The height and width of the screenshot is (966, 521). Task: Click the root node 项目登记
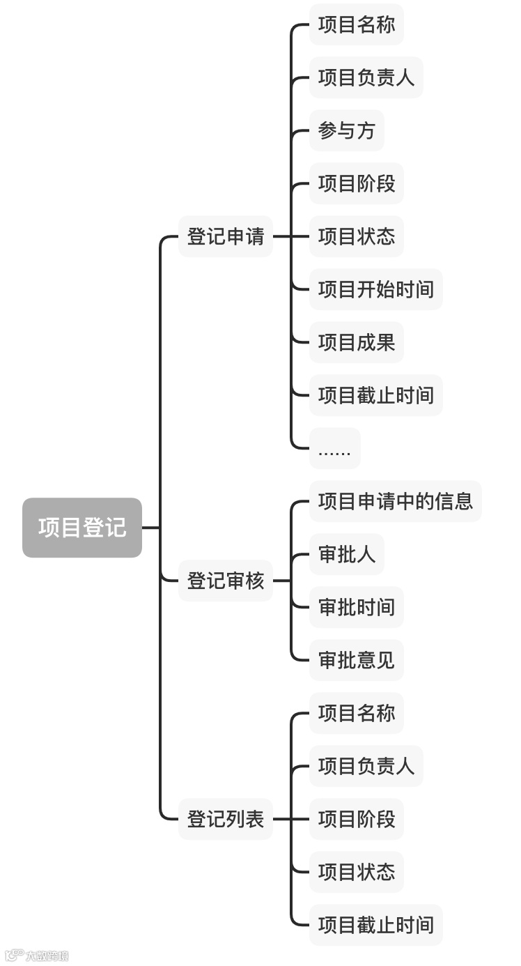click(82, 528)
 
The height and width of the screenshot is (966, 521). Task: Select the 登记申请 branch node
click(226, 236)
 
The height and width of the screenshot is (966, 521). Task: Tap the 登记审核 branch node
click(226, 581)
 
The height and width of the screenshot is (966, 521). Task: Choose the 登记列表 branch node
click(226, 819)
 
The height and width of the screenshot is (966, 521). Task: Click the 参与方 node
click(347, 130)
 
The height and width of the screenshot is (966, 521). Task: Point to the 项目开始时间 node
click(376, 289)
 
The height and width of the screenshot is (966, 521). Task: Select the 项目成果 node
click(357, 342)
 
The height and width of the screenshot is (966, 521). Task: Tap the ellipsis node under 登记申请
click(335, 448)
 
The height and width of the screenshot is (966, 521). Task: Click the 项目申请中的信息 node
click(396, 501)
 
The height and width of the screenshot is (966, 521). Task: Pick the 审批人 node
click(347, 554)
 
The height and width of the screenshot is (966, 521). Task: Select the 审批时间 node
click(357, 607)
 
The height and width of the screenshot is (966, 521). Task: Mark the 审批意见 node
click(357, 660)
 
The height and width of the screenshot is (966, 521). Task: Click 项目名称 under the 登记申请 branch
click(357, 24)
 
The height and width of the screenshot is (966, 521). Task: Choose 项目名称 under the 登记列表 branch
click(357, 713)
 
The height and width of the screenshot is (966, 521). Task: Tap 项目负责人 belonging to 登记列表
click(366, 766)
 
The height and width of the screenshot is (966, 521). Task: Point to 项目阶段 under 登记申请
click(357, 183)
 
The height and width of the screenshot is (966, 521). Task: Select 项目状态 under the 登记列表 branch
click(357, 872)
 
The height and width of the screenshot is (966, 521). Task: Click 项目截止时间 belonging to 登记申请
click(376, 395)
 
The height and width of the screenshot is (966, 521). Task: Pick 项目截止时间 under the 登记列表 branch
click(376, 925)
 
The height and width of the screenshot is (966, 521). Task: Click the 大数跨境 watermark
click(38, 956)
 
